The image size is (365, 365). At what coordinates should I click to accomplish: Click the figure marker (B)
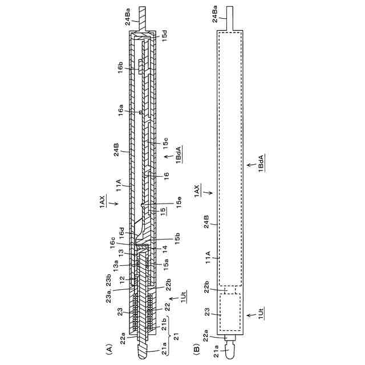(x=197, y=345)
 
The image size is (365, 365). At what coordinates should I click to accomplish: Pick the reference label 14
(x=164, y=249)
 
